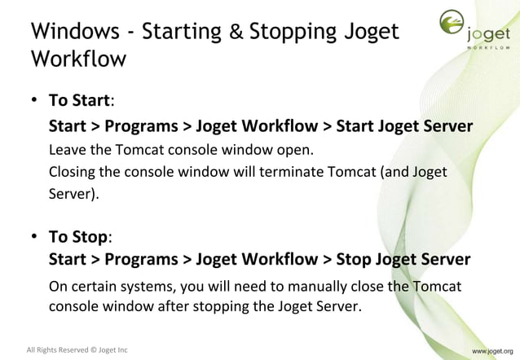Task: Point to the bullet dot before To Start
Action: (36, 101)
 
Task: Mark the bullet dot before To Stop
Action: (36, 236)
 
